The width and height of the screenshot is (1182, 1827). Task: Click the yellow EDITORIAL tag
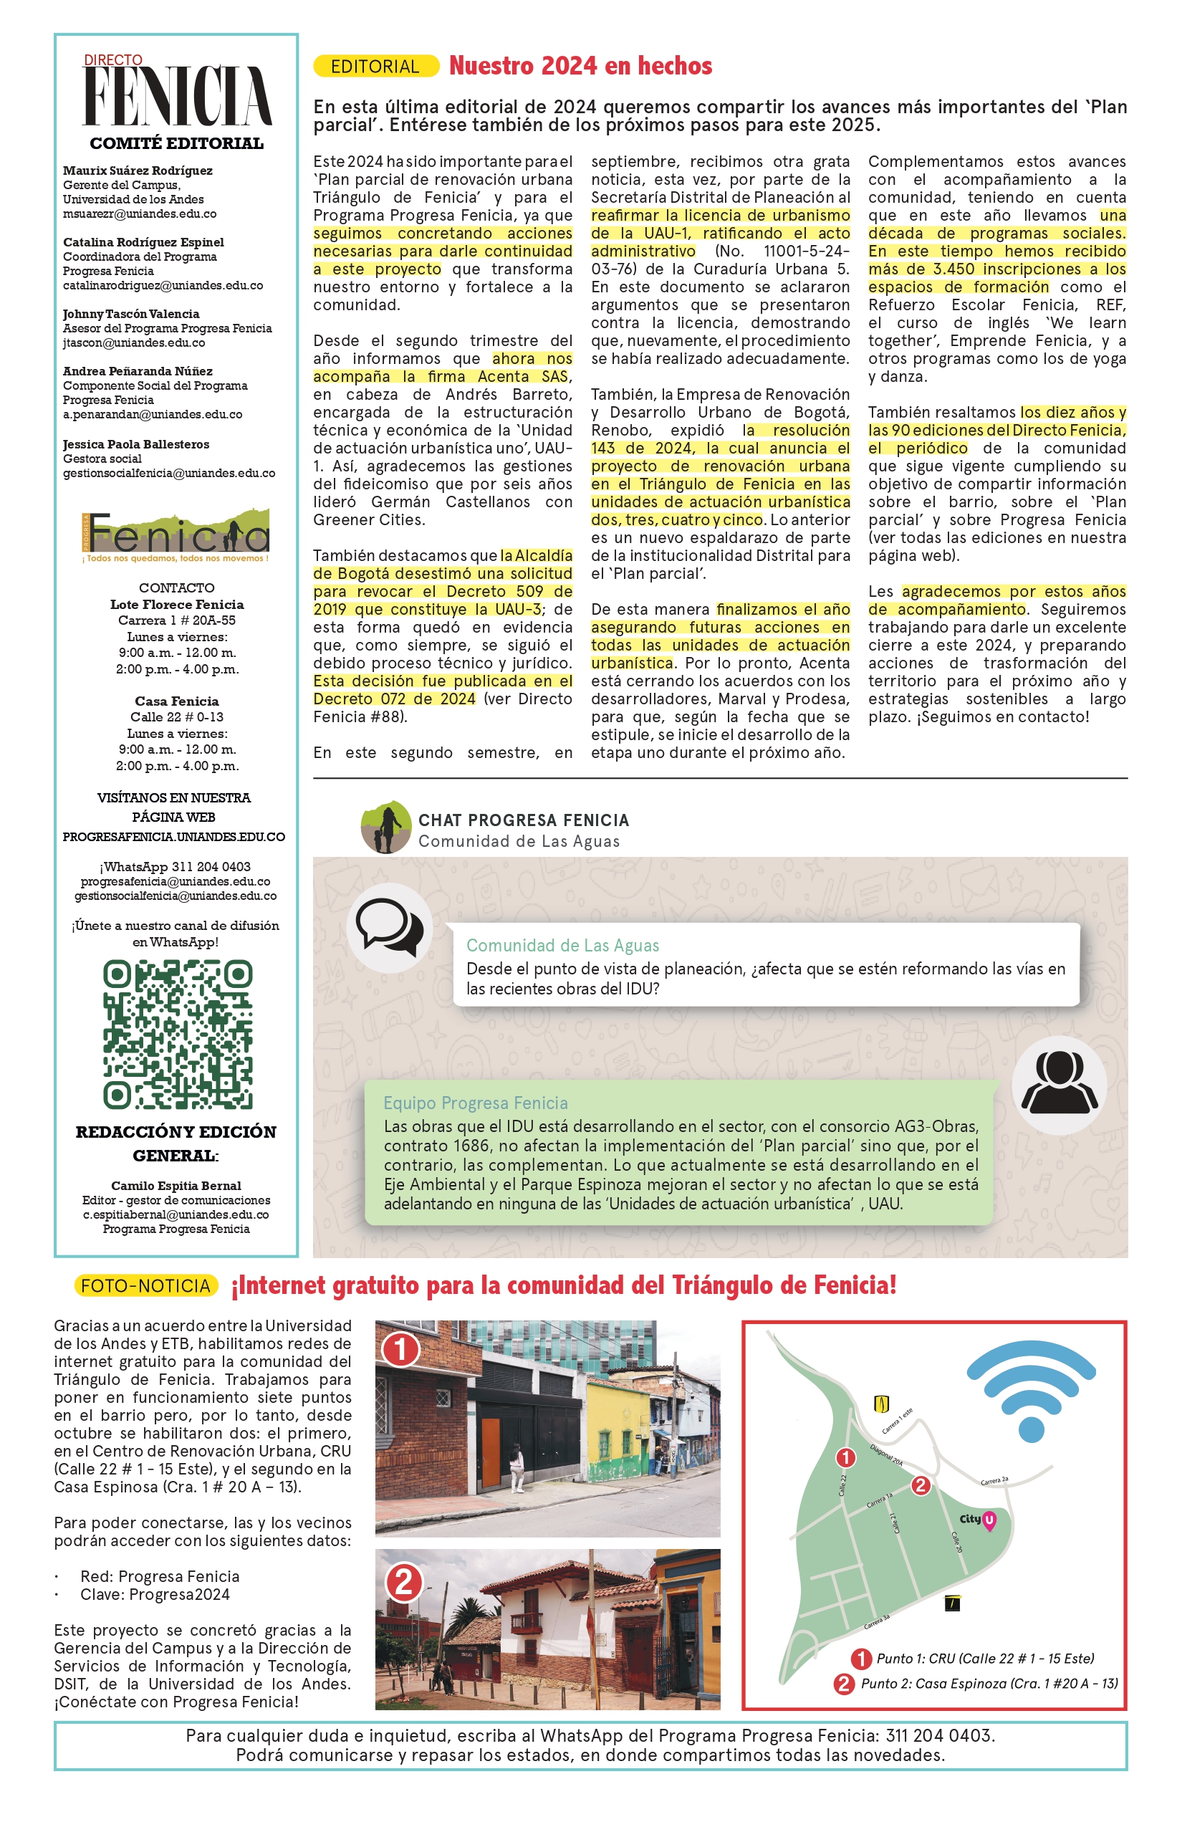(x=375, y=66)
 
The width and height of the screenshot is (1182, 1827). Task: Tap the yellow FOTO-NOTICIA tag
(x=146, y=1285)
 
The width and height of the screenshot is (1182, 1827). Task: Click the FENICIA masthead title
(x=178, y=97)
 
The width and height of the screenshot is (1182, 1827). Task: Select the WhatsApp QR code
(x=178, y=1034)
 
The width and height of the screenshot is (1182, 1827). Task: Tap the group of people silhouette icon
(x=1060, y=1083)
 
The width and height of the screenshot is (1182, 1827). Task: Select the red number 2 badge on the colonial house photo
(x=404, y=1583)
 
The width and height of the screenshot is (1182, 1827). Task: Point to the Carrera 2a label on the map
(x=994, y=1480)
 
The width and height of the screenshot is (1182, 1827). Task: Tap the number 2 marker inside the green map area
(x=921, y=1485)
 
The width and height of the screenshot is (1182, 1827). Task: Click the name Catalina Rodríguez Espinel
(x=143, y=243)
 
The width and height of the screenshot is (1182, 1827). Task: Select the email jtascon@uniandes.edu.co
(x=133, y=343)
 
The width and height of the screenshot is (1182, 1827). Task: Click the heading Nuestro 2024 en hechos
(x=580, y=66)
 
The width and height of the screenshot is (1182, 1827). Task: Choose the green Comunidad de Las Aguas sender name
(x=562, y=946)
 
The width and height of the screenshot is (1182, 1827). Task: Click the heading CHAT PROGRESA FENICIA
(x=524, y=820)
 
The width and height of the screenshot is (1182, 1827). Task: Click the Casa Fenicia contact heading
(x=176, y=701)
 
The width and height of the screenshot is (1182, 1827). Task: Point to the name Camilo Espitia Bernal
(x=176, y=1185)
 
